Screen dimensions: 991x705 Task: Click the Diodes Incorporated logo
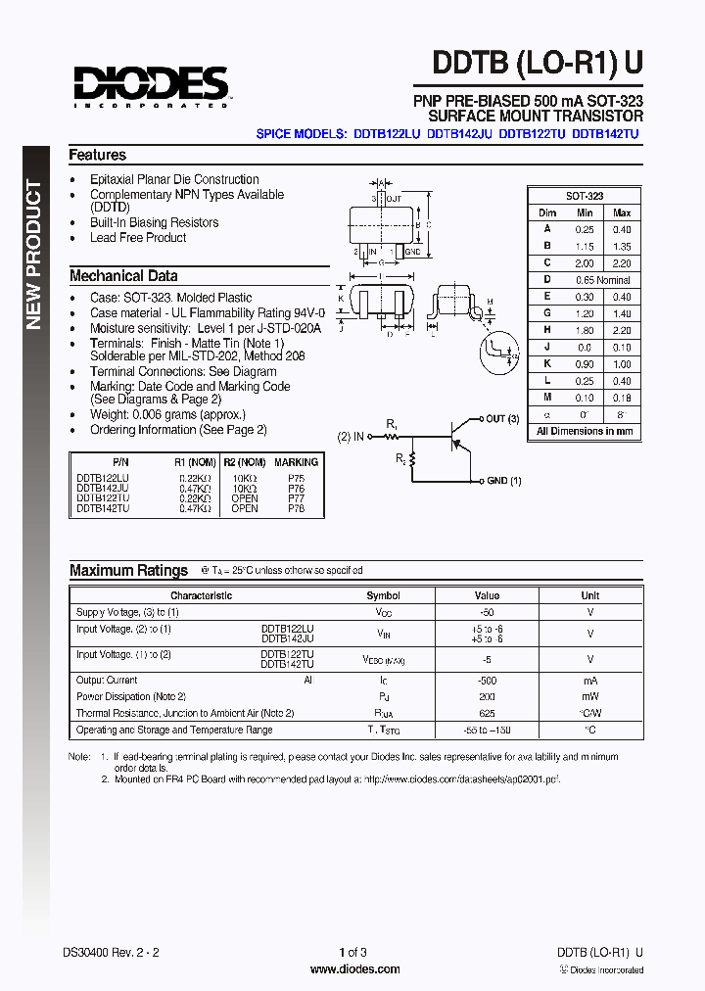150,85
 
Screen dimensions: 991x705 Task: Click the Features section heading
98,155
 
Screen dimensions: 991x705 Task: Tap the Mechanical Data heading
123,276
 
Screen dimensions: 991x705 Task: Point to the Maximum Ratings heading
128,570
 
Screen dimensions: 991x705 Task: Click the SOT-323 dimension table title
585,196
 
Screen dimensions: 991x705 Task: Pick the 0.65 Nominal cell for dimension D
603,280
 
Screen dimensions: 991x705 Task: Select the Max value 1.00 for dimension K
622,364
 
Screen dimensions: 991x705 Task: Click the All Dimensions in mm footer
585,431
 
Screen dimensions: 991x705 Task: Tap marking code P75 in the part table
296,477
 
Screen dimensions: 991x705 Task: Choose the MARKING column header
296,462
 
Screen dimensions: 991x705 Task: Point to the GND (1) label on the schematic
503,481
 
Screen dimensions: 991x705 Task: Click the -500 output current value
487,680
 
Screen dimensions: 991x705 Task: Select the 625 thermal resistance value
487,713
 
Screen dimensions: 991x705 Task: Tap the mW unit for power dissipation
589,696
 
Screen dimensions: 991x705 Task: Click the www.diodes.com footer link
354,969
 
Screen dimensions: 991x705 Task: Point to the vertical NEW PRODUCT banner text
33,255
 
